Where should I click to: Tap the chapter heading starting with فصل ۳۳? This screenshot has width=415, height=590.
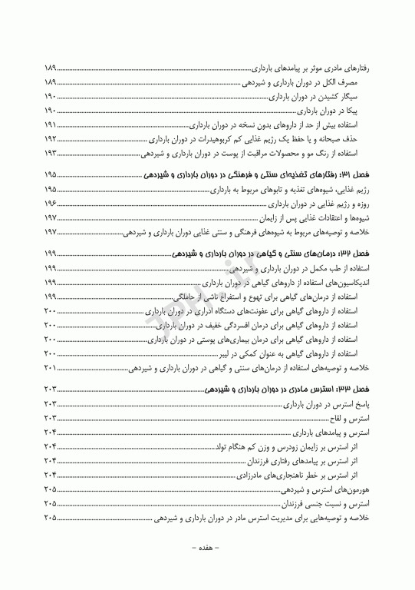[287, 390]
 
